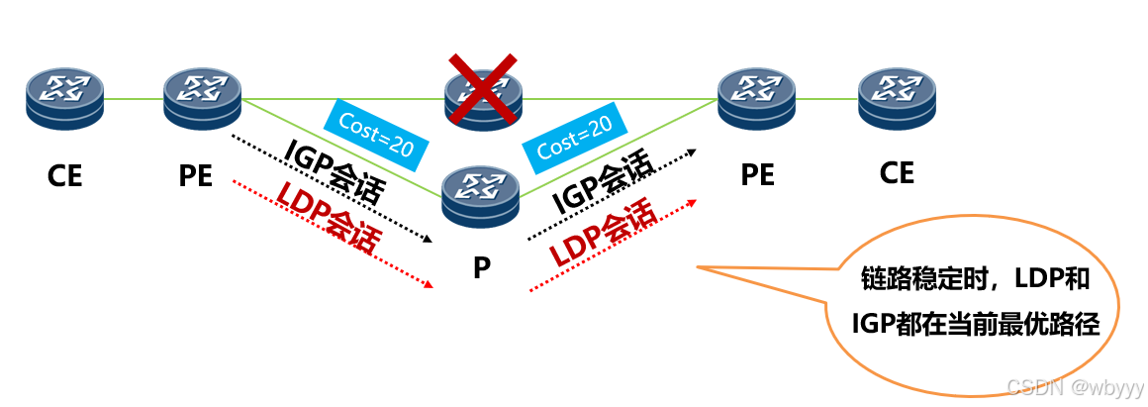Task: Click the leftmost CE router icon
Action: tap(65, 98)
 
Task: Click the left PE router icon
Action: tap(203, 98)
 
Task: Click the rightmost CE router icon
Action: tap(896, 98)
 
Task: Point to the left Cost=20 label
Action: tap(377, 135)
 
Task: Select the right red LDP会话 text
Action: tap(603, 232)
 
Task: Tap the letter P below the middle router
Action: tap(481, 267)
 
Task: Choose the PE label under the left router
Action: tap(196, 176)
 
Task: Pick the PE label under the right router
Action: tap(758, 175)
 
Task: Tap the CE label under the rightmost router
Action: tap(897, 173)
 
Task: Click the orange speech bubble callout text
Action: tap(975, 303)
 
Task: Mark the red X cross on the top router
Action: tap(483, 89)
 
